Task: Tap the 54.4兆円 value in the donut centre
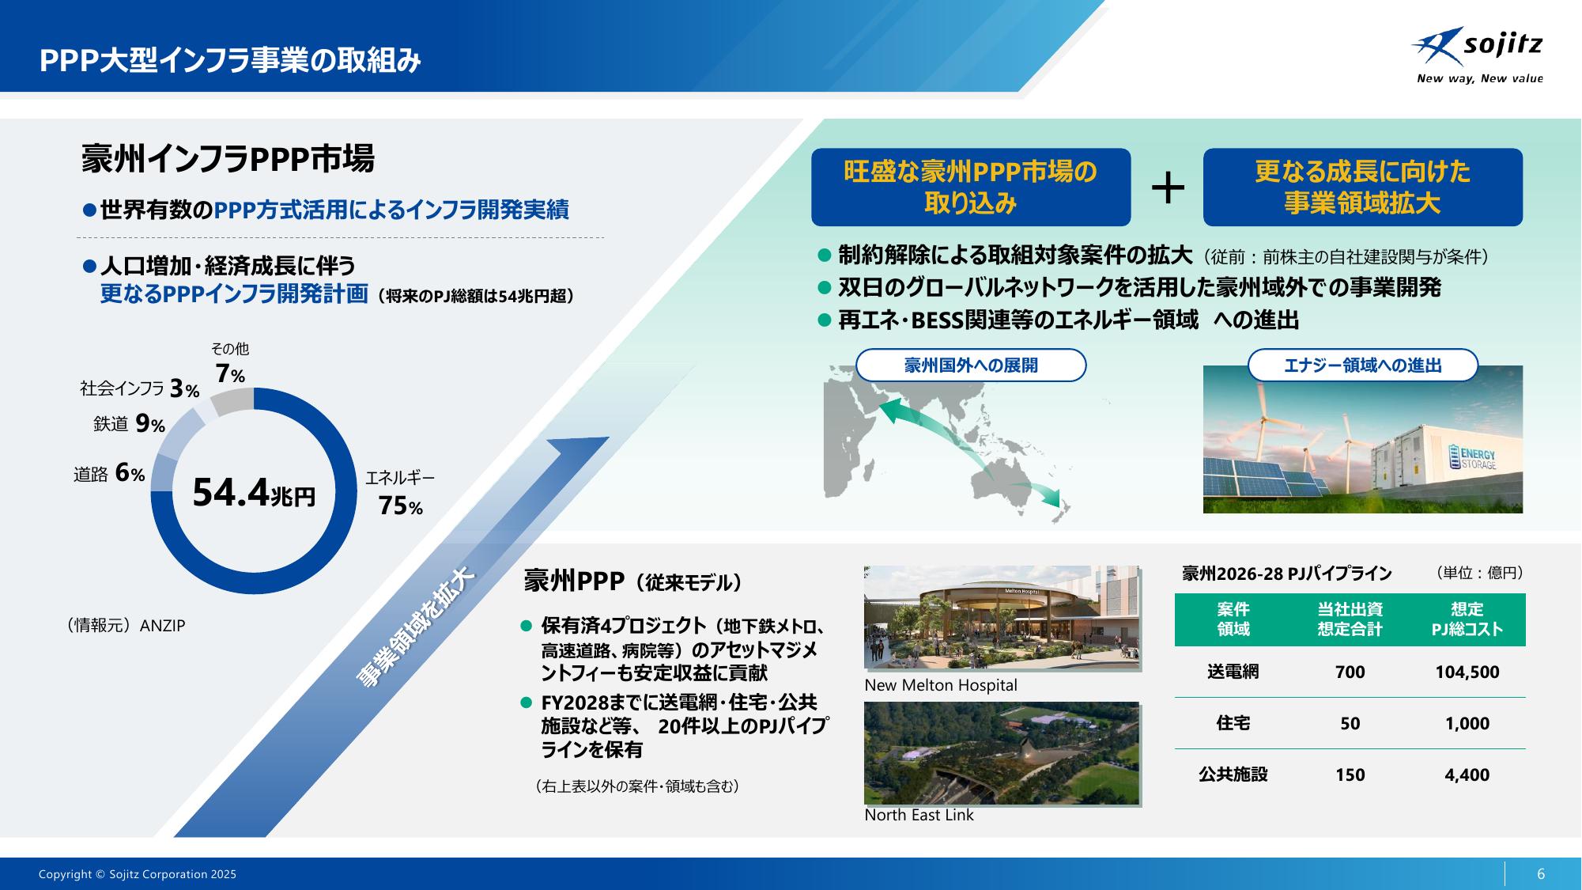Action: click(x=254, y=494)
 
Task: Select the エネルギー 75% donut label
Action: click(x=400, y=492)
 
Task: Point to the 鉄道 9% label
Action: click(x=129, y=425)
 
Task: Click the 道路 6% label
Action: click(x=109, y=473)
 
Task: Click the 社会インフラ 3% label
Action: click(x=139, y=388)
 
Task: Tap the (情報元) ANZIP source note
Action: click(x=126, y=626)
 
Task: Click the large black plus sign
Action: click(x=1168, y=188)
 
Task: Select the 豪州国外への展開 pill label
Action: click(x=971, y=365)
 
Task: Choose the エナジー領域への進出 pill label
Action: click(x=1362, y=365)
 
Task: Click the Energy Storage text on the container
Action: click(x=1477, y=460)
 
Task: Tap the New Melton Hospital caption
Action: click(x=941, y=685)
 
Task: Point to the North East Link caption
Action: click(x=919, y=815)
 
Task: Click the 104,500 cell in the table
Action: click(x=1467, y=672)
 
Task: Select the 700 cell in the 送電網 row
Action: click(x=1350, y=672)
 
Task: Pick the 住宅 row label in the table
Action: click(x=1233, y=723)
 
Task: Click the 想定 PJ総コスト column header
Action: click(x=1467, y=619)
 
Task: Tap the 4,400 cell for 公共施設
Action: click(x=1467, y=775)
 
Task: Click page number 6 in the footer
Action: click(x=1541, y=874)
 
